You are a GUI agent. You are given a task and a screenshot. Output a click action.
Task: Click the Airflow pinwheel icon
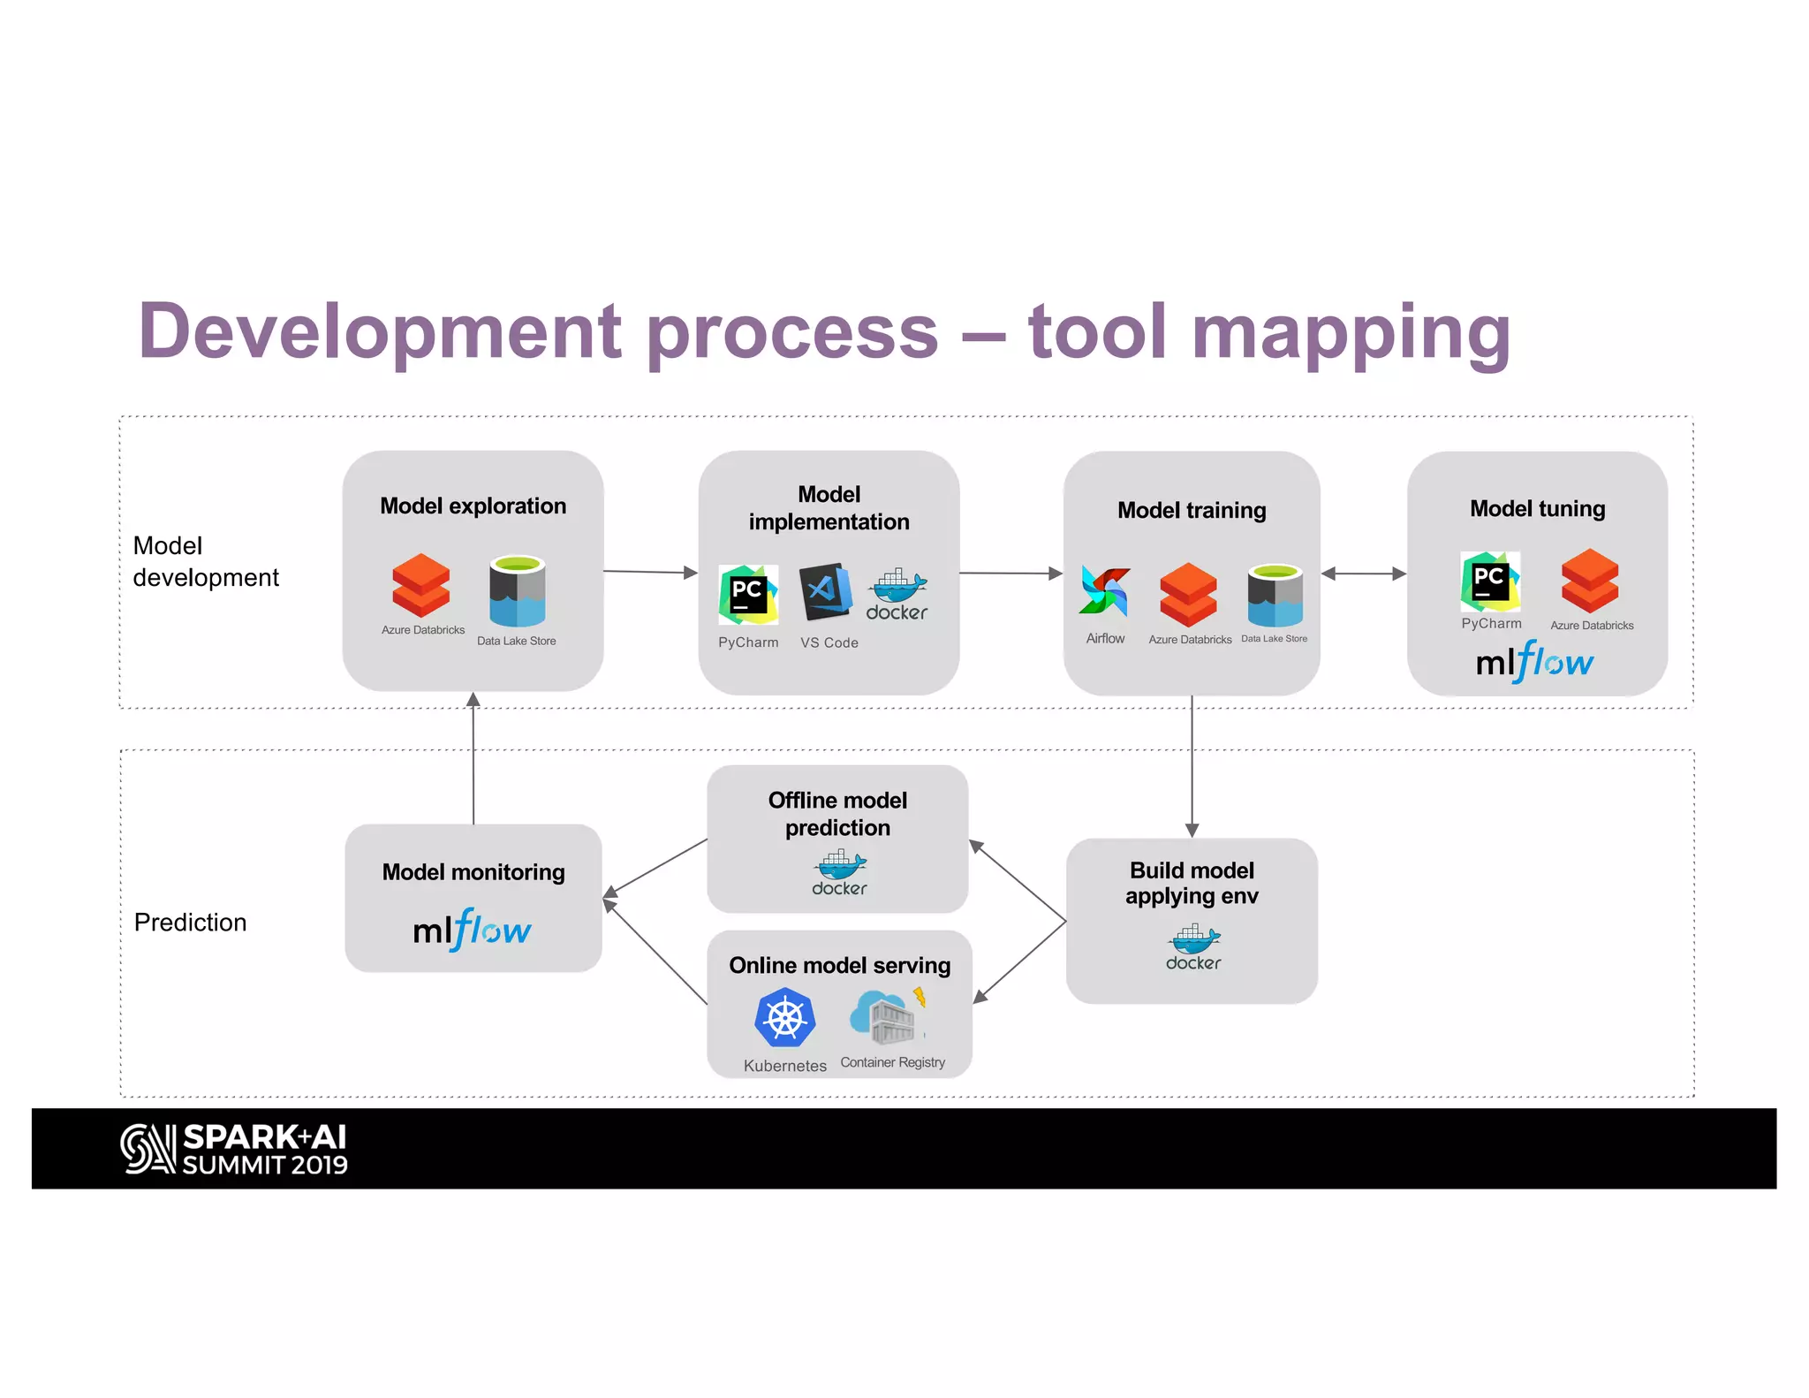(1104, 592)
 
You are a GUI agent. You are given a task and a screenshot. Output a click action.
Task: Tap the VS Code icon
(826, 591)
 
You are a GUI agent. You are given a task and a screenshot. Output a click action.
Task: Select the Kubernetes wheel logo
(784, 1018)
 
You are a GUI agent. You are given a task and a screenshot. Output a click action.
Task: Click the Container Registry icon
(889, 1017)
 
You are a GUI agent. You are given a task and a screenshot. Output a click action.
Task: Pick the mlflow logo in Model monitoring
(473, 930)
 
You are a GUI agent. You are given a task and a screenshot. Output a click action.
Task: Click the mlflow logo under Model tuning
(1535, 662)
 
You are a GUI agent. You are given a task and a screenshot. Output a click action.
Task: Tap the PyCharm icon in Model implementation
(748, 595)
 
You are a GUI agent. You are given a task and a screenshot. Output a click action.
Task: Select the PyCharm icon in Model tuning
(1490, 581)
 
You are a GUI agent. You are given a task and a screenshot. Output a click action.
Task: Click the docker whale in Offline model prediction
(839, 873)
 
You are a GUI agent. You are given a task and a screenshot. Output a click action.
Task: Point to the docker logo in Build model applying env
(1193, 947)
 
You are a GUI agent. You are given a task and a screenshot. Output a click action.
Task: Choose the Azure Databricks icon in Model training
(1188, 594)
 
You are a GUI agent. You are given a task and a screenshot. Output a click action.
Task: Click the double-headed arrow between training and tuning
(1363, 574)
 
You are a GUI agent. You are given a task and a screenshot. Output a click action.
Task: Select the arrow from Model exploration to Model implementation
(650, 573)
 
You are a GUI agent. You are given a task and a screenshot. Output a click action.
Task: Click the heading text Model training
(1192, 510)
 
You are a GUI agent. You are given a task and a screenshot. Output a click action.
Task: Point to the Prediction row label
(190, 923)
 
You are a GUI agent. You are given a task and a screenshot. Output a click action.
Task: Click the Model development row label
(205, 561)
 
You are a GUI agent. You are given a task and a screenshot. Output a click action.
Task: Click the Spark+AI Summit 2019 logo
(234, 1150)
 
